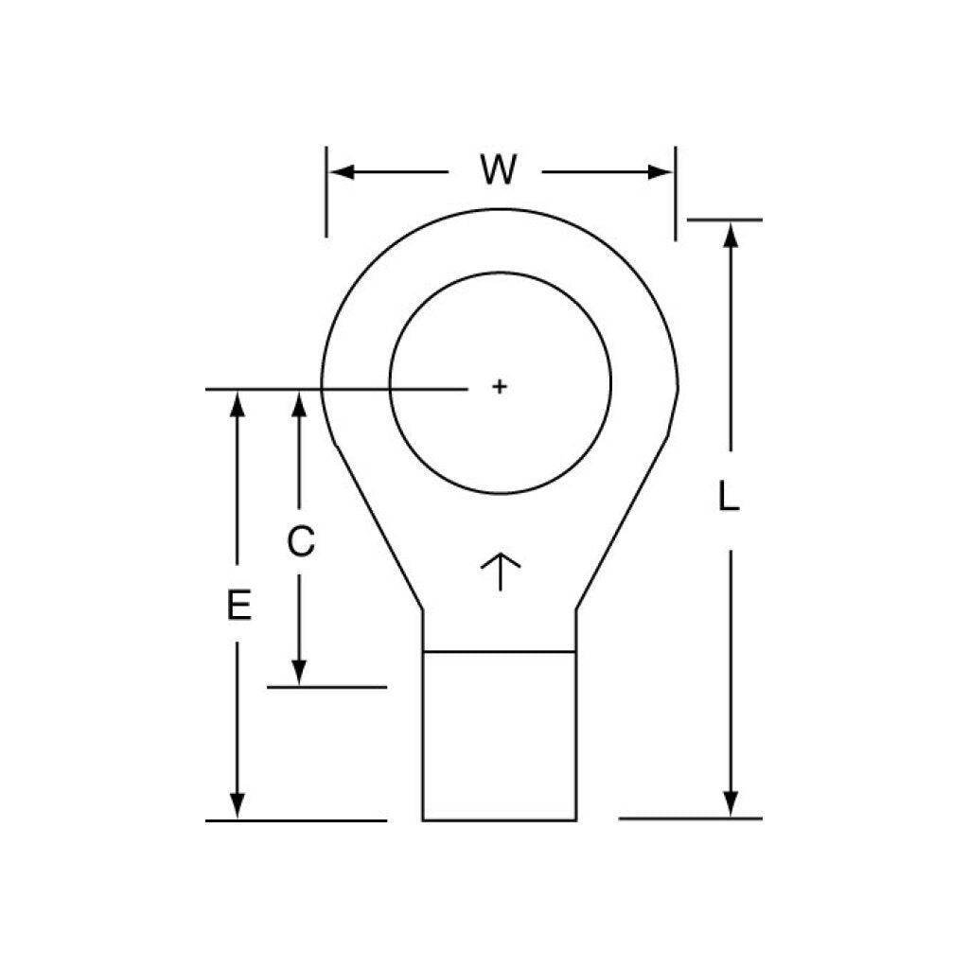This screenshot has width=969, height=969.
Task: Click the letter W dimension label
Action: pyautogui.click(x=498, y=170)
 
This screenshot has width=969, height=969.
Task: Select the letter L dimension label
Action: pyautogui.click(x=730, y=496)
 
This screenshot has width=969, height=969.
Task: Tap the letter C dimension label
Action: pyautogui.click(x=301, y=541)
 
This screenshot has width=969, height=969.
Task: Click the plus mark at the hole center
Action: pyautogui.click(x=500, y=387)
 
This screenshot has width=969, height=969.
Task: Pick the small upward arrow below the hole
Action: pyautogui.click(x=500, y=572)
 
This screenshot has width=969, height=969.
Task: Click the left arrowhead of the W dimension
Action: pyautogui.click(x=341, y=172)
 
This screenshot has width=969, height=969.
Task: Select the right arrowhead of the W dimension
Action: pyautogui.click(x=660, y=172)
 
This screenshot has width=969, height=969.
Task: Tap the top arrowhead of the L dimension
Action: pyautogui.click(x=731, y=235)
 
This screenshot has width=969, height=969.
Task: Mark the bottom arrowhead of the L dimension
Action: pyautogui.click(x=731, y=803)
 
